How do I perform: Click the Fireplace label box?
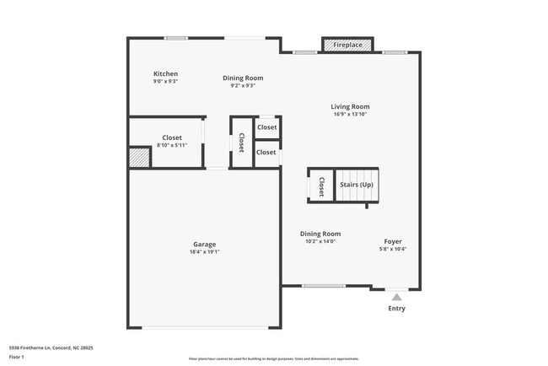[x=347, y=44]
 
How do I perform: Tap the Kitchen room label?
[x=165, y=74]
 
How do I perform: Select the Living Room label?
[x=350, y=107]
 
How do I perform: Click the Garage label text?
[x=204, y=244]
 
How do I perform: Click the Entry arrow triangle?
[x=396, y=297]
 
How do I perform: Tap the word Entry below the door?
[x=396, y=309]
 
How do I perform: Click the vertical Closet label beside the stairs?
[x=321, y=186]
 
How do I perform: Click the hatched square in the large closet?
[x=138, y=158]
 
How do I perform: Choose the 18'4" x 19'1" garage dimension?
[x=204, y=251]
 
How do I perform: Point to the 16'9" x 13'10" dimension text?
[x=350, y=115]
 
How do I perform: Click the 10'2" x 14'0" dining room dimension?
[x=320, y=241]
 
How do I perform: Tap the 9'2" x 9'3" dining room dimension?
[x=243, y=85]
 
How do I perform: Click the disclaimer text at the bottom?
[x=273, y=358]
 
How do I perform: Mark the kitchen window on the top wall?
[x=175, y=38]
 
